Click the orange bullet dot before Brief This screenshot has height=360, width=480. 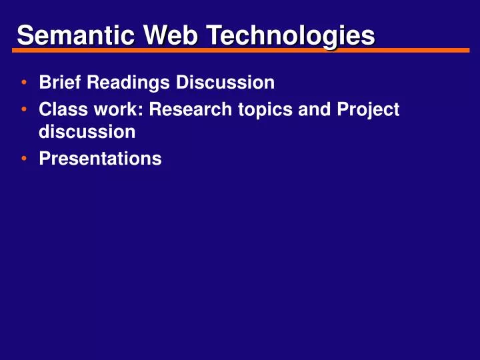tap(24, 83)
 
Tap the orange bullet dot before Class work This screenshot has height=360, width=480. tap(24, 109)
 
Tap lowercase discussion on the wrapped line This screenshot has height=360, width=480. tap(87, 131)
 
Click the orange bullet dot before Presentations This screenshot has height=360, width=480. tap(24, 159)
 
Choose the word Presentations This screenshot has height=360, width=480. tap(100, 159)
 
